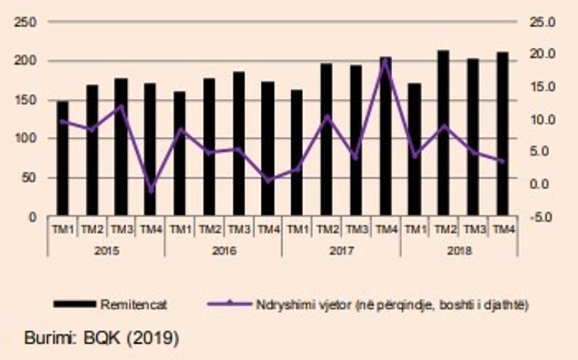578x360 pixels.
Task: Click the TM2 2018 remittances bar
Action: coord(444,133)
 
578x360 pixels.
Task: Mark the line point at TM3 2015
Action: coord(121,107)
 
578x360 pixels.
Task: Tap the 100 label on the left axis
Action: coord(27,139)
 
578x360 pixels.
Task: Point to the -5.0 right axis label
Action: coord(542,217)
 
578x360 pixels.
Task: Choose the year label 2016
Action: coord(224,250)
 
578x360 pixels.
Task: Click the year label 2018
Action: coord(459,250)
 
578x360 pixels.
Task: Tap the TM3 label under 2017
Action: coord(356,229)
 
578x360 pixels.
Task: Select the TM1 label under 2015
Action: coord(63,229)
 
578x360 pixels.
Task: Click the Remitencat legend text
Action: coord(134,305)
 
